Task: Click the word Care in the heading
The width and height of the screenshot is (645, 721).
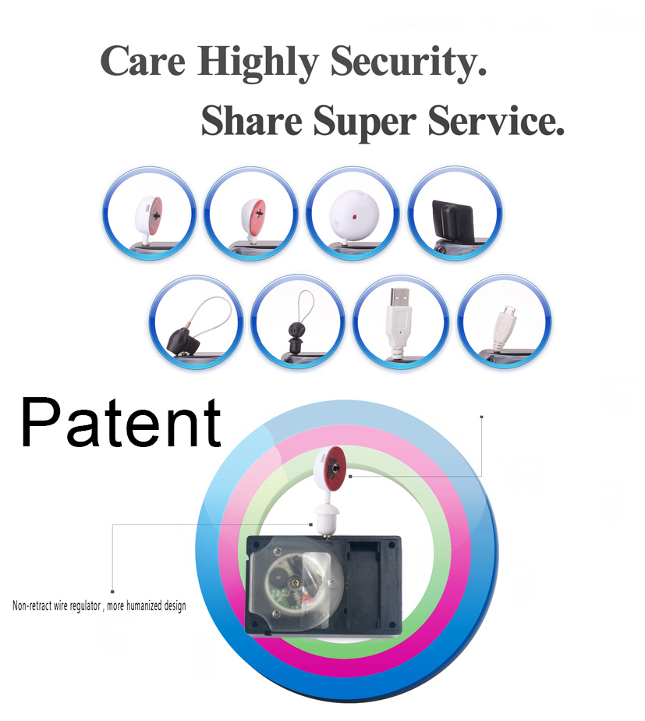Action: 143,61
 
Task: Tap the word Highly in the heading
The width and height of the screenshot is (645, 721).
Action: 258,63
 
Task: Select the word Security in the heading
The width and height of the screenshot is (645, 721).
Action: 408,63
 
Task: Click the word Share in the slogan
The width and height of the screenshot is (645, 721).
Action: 251,120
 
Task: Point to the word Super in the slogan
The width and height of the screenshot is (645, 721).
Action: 364,123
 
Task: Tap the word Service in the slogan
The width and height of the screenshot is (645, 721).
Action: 495,120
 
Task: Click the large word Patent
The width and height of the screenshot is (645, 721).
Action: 120,423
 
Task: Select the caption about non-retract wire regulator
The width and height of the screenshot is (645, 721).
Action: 99,606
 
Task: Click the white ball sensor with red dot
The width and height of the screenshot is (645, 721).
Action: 354,215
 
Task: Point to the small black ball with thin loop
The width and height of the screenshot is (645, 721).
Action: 295,330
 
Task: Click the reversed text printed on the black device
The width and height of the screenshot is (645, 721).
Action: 315,614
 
